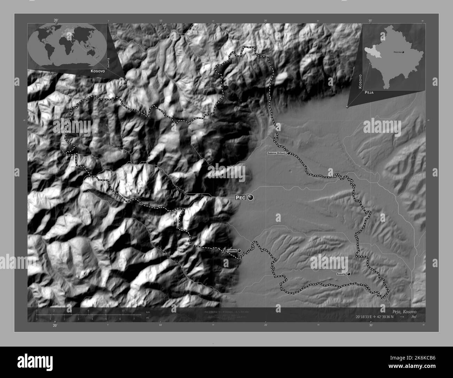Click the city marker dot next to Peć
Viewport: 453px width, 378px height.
251,198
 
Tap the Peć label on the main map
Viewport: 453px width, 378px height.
240,198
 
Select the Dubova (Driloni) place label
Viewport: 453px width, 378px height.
276,153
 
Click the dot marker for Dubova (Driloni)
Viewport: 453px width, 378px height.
289,153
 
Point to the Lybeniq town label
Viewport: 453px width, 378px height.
232,250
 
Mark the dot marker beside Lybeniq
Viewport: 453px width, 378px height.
239,250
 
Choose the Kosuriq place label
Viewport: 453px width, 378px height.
341,274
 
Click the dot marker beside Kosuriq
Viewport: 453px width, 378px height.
348,274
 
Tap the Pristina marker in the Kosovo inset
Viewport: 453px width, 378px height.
403,53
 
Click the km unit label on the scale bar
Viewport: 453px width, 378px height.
148,312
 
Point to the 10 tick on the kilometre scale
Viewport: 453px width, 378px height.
123,310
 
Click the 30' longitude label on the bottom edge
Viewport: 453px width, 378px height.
371,325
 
